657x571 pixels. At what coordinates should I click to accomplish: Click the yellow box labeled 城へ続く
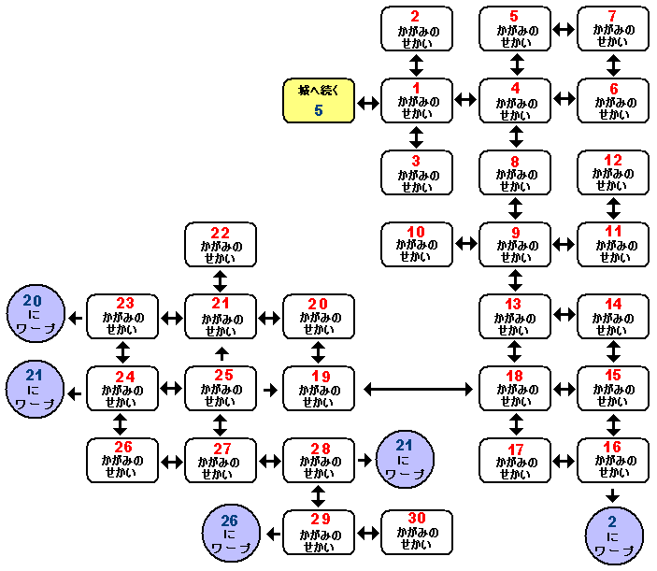click(x=319, y=101)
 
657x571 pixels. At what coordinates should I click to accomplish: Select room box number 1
click(x=417, y=101)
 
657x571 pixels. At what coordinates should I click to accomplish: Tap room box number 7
click(x=613, y=29)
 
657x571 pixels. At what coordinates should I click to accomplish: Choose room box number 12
click(x=613, y=173)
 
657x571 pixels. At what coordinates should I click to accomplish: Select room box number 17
click(x=515, y=461)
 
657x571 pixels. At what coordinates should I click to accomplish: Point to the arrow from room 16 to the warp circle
click(x=613, y=495)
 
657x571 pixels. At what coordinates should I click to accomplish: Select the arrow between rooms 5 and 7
click(x=564, y=29)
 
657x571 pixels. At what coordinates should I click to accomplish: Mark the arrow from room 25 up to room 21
click(x=221, y=353)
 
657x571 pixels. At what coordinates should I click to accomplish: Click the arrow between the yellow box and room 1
click(x=368, y=101)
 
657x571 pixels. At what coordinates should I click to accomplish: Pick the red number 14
click(x=613, y=304)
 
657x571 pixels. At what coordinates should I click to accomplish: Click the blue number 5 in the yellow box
click(x=319, y=111)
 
